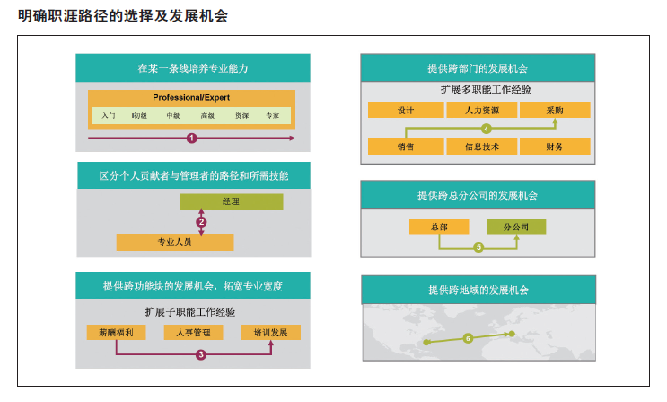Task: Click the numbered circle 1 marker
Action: [x=191, y=138]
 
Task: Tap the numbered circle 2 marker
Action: [x=201, y=222]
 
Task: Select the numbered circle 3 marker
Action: [x=201, y=354]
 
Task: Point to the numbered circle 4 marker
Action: [x=487, y=129]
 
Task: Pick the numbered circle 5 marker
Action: [x=478, y=247]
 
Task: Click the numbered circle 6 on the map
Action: [x=468, y=338]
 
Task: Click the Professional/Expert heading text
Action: [x=191, y=98]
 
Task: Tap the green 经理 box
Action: [x=231, y=201]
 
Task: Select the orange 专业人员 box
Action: [x=175, y=242]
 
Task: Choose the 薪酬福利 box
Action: [x=116, y=332]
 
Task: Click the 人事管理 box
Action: [x=194, y=332]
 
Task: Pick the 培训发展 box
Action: [x=271, y=332]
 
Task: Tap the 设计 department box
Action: [x=406, y=110]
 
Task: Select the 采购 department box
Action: [x=555, y=110]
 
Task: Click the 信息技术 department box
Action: [x=482, y=147]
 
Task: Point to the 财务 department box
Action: [x=555, y=147]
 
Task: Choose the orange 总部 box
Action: [x=439, y=227]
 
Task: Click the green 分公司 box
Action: [x=516, y=227]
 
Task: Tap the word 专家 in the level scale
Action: [x=272, y=115]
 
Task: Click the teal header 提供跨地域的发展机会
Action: [x=478, y=290]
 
